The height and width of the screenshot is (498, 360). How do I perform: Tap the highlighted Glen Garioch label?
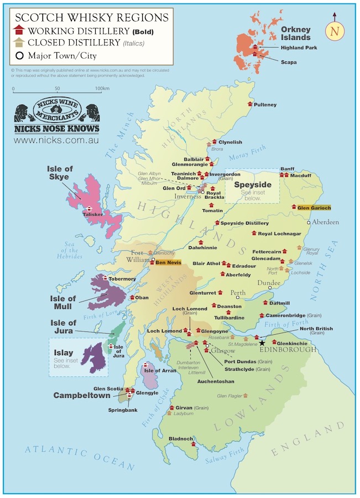click(x=314, y=207)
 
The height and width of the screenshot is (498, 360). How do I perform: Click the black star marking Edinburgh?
click(x=262, y=343)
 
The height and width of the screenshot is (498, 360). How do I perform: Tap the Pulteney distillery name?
click(x=265, y=105)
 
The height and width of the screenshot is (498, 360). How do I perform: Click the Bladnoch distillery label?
click(x=181, y=439)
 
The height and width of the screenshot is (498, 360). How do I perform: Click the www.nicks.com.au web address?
click(x=56, y=141)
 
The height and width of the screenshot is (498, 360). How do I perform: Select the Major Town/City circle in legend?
click(x=19, y=55)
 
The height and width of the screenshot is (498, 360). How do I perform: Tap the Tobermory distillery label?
click(x=122, y=279)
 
